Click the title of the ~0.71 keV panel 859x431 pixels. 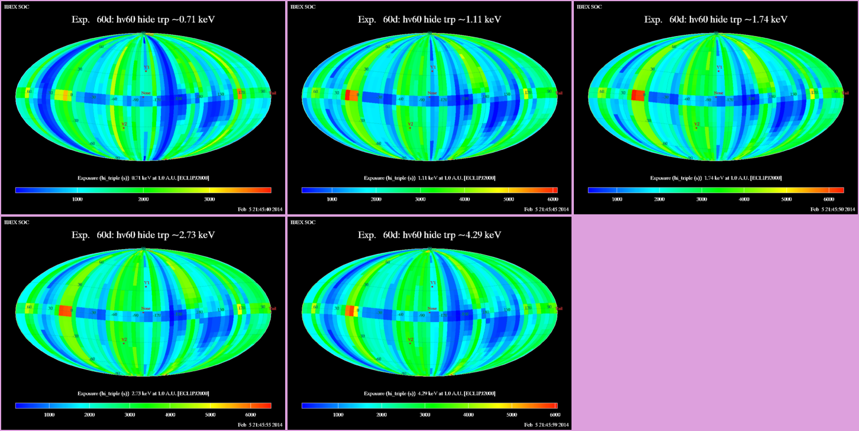143,20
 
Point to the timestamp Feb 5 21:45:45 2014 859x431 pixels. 546,209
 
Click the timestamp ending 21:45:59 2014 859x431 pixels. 546,424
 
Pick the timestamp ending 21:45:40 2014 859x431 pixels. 260,209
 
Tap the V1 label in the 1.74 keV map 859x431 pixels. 719,67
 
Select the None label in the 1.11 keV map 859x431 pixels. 432,93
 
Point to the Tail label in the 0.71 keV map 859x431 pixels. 273,93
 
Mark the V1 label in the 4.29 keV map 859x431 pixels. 432,283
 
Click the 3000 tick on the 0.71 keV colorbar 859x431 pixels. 209,200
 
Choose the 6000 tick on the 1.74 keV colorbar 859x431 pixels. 828,200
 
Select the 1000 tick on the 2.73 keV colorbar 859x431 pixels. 49,415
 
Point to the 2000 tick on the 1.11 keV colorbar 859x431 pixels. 376,200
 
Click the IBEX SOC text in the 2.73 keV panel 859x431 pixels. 16,222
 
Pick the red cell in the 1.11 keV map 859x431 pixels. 351,95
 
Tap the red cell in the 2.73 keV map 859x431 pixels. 65,311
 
